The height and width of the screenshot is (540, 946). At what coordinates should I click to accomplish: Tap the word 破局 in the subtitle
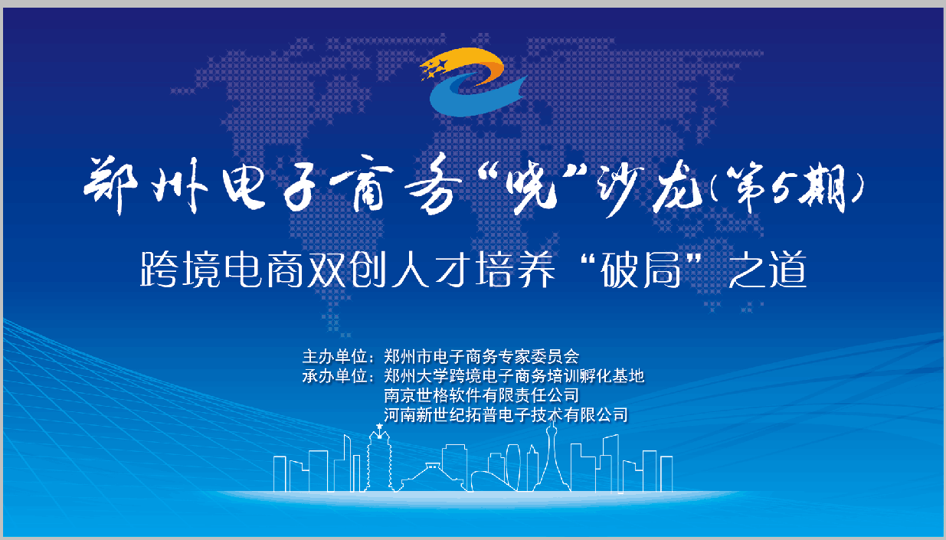[641, 270]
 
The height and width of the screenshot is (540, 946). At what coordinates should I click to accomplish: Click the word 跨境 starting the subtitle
[180, 270]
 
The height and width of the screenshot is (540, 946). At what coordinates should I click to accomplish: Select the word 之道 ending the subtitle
[768, 270]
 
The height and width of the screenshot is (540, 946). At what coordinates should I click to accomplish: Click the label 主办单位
[334, 357]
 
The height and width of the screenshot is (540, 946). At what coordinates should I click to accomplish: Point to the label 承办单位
[334, 376]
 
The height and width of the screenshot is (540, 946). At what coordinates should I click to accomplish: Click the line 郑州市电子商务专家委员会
[482, 357]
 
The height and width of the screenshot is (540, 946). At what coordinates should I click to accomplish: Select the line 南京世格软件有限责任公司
[482, 395]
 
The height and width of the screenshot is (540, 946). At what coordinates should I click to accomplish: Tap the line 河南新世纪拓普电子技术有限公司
[506, 415]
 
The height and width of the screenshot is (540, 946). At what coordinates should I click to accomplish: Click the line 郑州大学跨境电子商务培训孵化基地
[514, 376]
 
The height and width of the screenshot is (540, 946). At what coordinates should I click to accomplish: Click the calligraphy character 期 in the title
[826, 188]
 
